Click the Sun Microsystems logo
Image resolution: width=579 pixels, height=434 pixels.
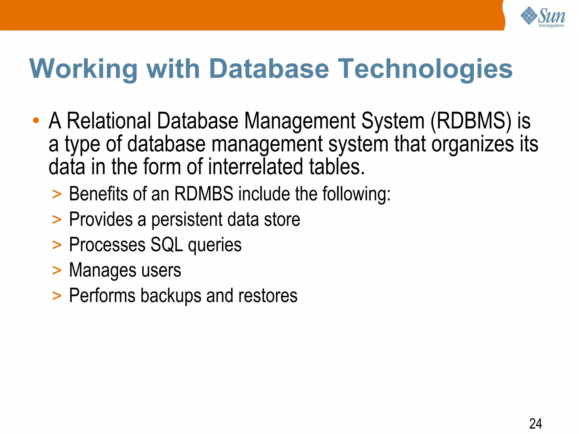(543, 17)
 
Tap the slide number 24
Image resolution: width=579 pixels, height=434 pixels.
(535, 424)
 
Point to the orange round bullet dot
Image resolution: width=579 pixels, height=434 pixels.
(36, 121)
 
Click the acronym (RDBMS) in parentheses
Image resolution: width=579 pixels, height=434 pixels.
(471, 121)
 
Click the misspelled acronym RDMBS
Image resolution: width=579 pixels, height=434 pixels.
(204, 194)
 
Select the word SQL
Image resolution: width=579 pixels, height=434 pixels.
(167, 245)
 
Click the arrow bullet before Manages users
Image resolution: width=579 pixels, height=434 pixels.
(57, 270)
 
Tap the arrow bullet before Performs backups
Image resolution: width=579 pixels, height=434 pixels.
(57, 296)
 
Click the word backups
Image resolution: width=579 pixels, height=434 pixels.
(171, 296)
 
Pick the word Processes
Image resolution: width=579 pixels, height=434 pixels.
(107, 245)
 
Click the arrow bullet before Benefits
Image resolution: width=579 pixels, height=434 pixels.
(57, 194)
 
